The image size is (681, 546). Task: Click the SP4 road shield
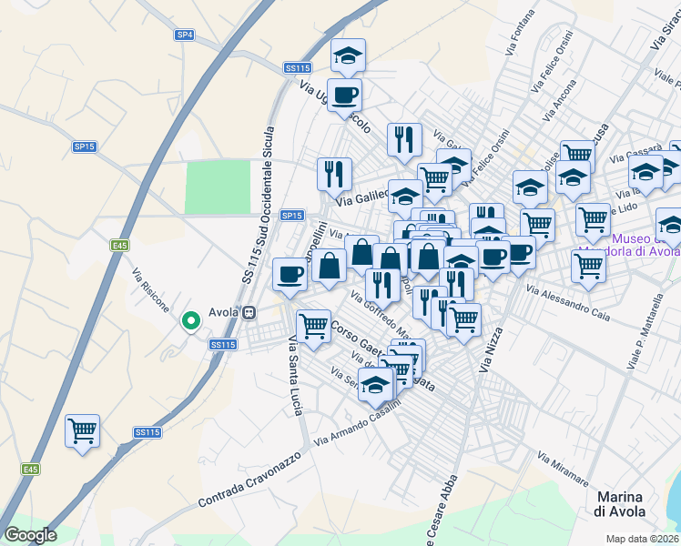[x=185, y=35]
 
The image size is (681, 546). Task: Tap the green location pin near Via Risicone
[x=191, y=320]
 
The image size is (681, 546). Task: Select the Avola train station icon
[x=249, y=311]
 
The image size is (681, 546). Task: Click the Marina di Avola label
[x=620, y=504]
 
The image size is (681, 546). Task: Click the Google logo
[x=30, y=535]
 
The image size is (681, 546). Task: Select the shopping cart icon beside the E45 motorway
[x=82, y=430]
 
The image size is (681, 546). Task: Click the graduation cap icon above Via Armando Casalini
[x=375, y=385]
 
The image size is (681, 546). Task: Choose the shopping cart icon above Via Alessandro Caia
[x=588, y=266]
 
